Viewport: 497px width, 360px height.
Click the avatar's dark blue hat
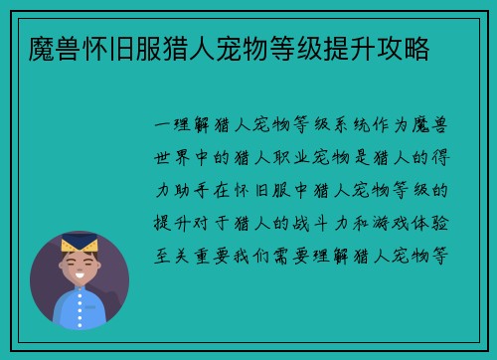(80, 238)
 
